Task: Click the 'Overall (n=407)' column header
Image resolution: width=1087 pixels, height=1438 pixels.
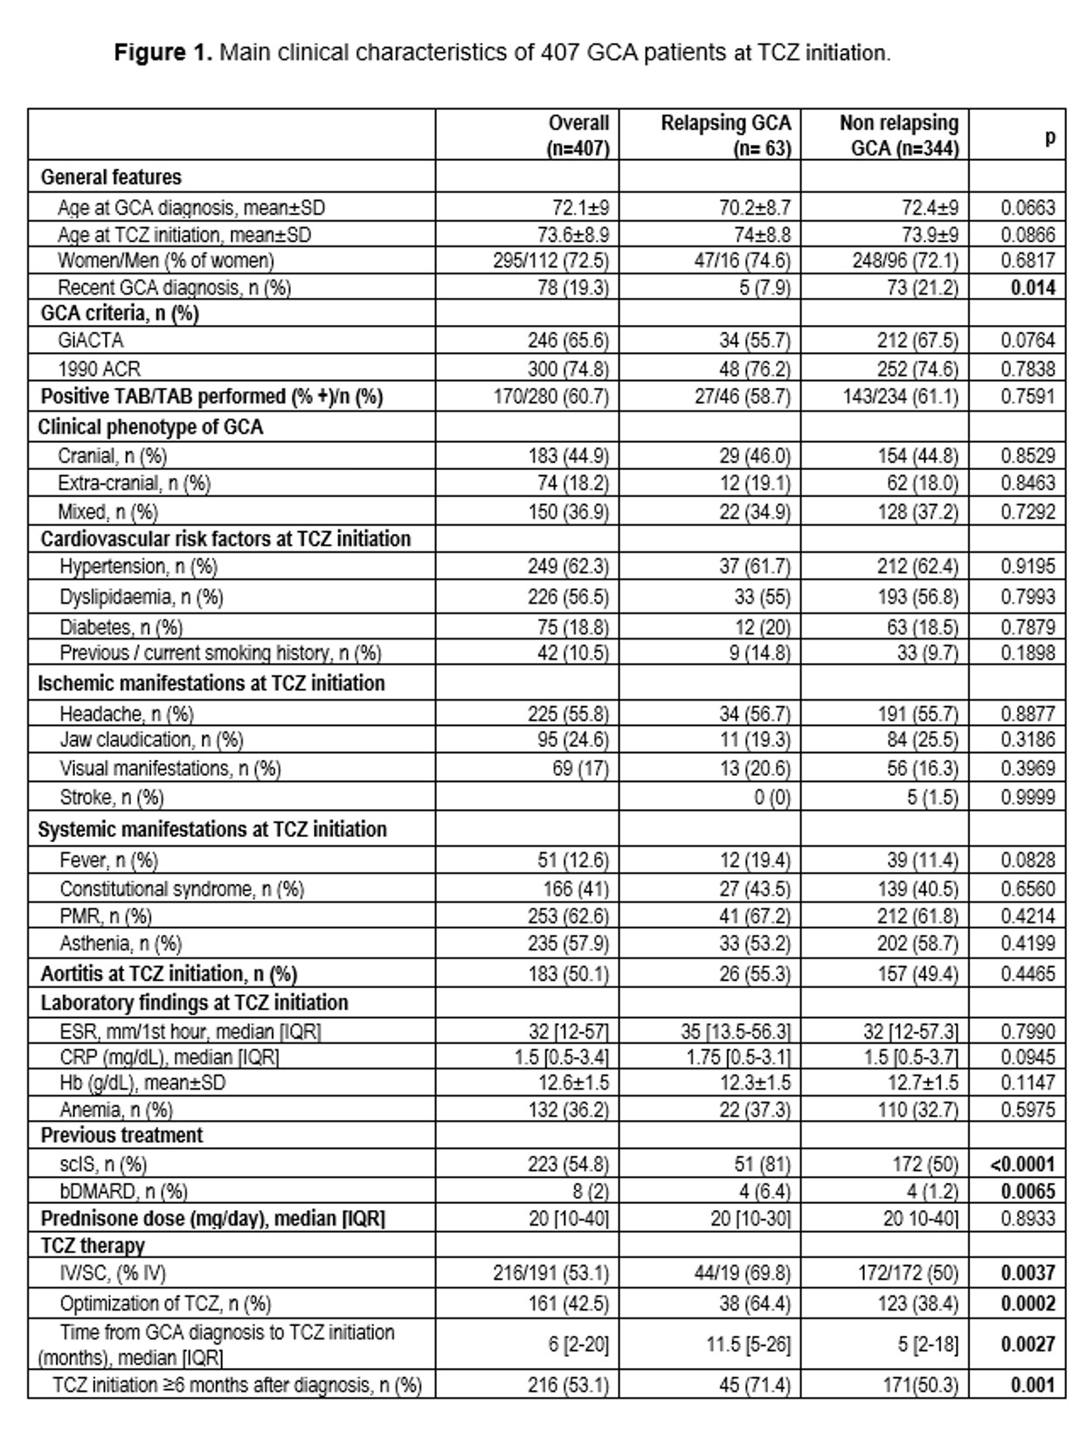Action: tap(578, 135)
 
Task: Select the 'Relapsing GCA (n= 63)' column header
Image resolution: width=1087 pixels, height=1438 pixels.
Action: tap(725, 135)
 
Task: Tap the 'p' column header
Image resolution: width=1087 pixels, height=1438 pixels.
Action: tap(1049, 136)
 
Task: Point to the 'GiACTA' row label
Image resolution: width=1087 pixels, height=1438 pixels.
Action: tap(91, 341)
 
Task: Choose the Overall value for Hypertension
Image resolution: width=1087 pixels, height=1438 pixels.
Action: tap(568, 567)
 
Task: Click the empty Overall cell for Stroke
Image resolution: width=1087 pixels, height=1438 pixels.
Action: tap(527, 798)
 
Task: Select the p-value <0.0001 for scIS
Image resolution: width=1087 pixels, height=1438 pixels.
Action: tap(1022, 1165)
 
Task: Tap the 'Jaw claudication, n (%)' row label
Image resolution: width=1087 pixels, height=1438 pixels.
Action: tap(151, 740)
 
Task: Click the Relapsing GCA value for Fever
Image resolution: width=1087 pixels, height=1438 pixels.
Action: tap(755, 861)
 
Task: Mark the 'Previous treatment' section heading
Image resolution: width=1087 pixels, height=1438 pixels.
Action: tap(121, 1136)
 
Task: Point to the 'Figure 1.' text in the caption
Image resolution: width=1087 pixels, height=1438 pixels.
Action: tap(163, 53)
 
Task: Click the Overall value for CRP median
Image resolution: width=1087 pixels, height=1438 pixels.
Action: tap(561, 1057)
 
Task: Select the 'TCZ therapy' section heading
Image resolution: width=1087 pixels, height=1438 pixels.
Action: tap(93, 1246)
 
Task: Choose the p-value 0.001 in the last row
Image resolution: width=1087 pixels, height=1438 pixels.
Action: tap(1033, 1386)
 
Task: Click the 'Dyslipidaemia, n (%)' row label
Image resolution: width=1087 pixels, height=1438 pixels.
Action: tap(142, 598)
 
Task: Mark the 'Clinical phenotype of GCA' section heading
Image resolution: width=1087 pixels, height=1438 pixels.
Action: tap(150, 427)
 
